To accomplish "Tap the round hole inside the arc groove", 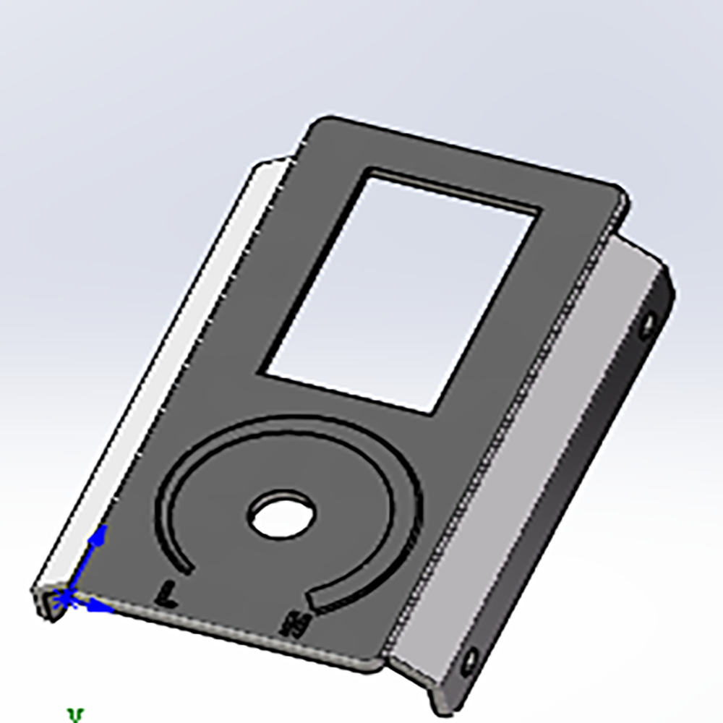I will tap(282, 515).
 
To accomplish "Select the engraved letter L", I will tap(167, 594).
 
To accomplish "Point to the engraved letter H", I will tap(296, 623).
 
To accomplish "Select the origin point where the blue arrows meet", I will tap(65, 597).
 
